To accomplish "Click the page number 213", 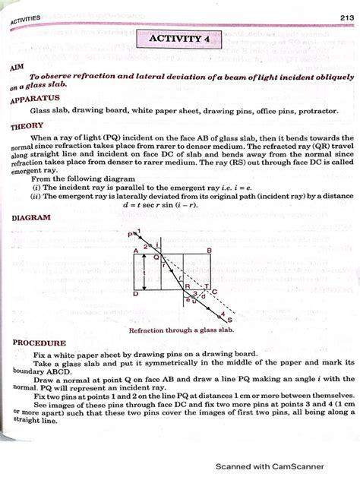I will click(x=339, y=17).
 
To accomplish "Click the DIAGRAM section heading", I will click(x=31, y=217).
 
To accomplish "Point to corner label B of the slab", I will click(x=209, y=250).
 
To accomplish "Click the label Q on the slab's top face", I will click(x=156, y=257).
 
